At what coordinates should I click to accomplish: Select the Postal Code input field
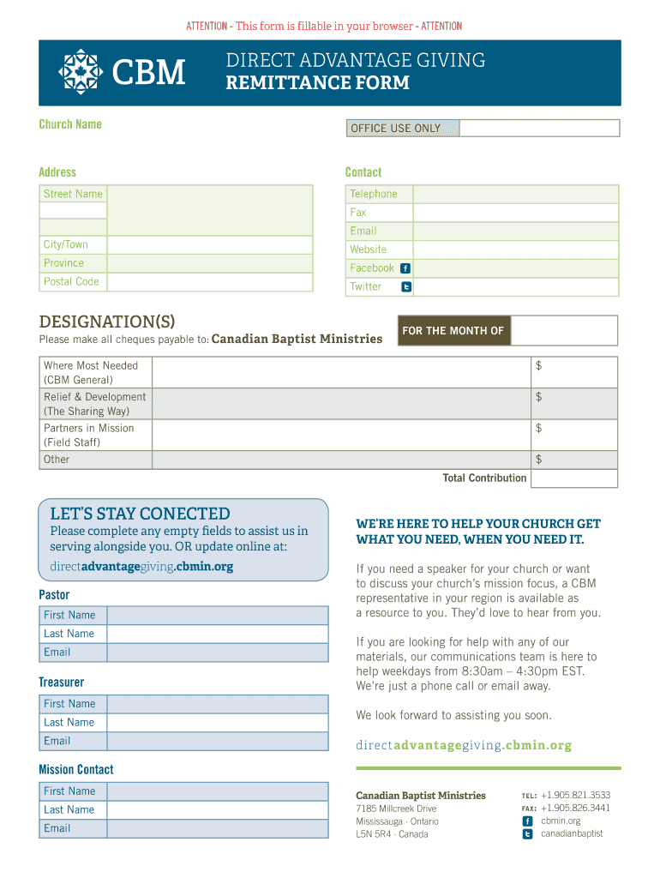[210, 282]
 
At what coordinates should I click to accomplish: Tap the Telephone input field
[515, 194]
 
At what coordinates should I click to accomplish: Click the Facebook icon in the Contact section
[405, 268]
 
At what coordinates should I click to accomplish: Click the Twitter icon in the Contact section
[405, 287]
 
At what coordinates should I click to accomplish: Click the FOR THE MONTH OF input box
[563, 331]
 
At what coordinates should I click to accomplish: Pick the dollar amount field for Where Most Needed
[573, 373]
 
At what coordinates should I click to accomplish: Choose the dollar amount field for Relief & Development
[573, 404]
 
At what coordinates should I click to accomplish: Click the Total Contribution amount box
[573, 478]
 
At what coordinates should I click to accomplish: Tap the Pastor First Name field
[218, 616]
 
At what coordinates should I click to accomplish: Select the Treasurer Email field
[218, 742]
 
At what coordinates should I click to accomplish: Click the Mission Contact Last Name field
[218, 810]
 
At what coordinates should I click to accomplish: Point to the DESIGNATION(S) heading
[107, 322]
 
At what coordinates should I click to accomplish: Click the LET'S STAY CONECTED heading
[140, 514]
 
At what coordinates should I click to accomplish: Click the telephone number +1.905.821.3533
[575, 795]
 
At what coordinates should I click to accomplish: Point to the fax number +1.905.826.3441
[575, 808]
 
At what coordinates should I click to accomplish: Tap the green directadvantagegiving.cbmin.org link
[463, 745]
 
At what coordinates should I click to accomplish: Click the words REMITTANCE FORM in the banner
[317, 83]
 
